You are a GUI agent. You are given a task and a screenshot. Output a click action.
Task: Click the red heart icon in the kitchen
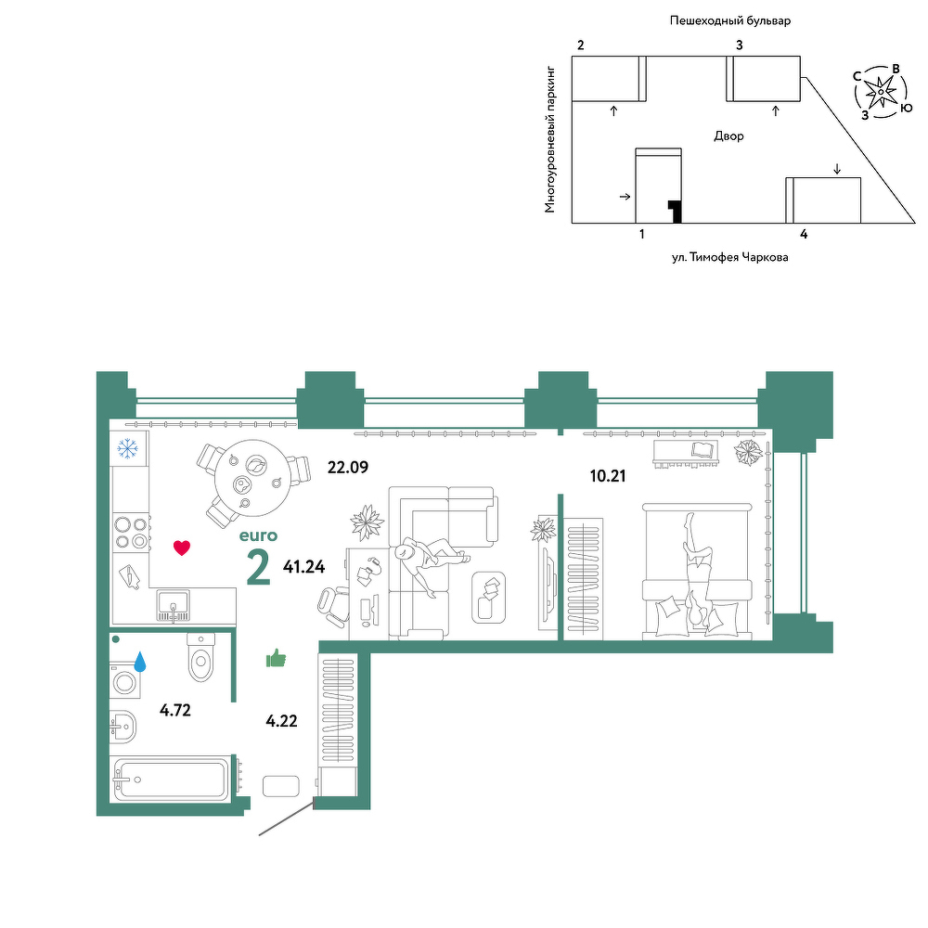coord(182,548)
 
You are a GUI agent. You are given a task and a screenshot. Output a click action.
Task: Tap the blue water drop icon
coord(140,662)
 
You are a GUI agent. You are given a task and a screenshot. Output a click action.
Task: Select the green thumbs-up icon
coord(276,658)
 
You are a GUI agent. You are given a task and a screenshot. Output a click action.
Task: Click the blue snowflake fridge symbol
coord(127,448)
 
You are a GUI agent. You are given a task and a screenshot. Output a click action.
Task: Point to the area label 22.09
coord(348,468)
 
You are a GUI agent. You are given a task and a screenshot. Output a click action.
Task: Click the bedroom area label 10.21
coord(608,476)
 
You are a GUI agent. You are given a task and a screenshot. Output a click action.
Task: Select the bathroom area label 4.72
coord(175,710)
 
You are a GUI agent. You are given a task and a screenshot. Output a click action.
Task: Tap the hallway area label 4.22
coord(282,721)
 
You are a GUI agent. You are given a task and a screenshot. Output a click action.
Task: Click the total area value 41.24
coord(304,567)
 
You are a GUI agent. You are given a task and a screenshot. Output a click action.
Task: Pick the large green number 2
coord(259,567)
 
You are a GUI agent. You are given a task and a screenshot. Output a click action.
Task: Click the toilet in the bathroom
coord(201,658)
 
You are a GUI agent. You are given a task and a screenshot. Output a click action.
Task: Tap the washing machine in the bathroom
coord(125,680)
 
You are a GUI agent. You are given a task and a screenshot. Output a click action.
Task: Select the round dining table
coord(252,478)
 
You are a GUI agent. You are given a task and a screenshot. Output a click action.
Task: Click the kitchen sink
coord(174,606)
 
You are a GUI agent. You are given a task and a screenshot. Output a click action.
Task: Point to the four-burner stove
coord(131,533)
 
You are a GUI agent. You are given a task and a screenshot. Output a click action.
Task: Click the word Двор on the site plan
coord(728,136)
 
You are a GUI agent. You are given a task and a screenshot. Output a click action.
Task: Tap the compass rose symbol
coord(881,92)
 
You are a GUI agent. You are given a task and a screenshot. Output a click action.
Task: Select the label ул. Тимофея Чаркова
coord(729,257)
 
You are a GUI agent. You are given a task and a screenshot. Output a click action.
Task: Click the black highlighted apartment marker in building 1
coord(675,212)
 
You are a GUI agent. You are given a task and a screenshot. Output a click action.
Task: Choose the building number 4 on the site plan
coord(804,235)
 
